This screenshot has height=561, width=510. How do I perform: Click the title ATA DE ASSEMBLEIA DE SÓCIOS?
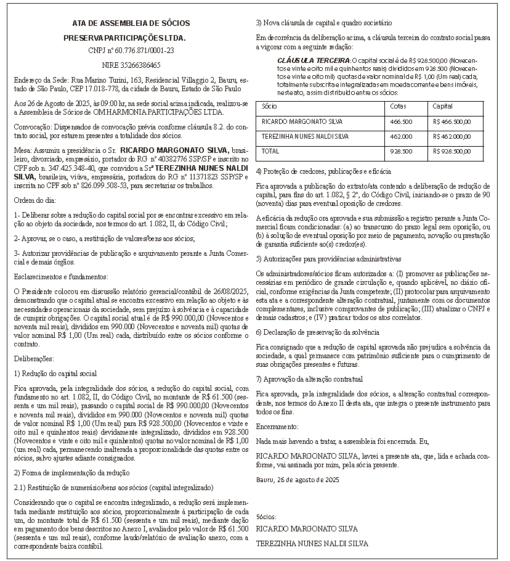click(x=131, y=23)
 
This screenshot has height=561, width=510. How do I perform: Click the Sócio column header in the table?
click(x=269, y=107)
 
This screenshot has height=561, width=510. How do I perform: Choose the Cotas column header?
click(x=399, y=107)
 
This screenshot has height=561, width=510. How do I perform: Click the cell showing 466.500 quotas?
click(x=402, y=121)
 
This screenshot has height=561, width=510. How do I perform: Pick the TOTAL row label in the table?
click(x=270, y=151)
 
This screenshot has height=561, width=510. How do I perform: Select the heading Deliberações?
click(x=34, y=358)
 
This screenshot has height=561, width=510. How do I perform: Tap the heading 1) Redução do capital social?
click(x=55, y=373)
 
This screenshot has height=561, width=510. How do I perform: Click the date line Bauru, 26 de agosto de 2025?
click(x=297, y=479)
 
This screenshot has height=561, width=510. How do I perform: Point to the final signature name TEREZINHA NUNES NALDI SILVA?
click(x=312, y=544)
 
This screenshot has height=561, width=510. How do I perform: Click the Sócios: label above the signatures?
click(x=266, y=517)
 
